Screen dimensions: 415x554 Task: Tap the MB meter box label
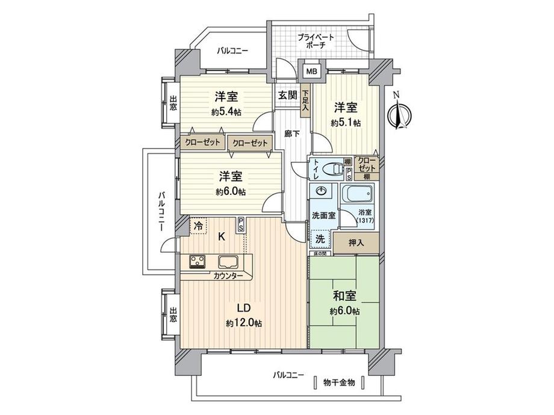311,72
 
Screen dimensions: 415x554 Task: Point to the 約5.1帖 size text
346,123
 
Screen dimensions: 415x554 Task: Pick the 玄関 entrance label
287,94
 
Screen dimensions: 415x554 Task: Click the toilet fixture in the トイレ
328,170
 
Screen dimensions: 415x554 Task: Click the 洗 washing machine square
321,238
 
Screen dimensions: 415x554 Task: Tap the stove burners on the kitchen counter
198,262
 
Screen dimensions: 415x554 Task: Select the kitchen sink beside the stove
228,262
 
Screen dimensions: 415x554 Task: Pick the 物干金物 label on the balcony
338,383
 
